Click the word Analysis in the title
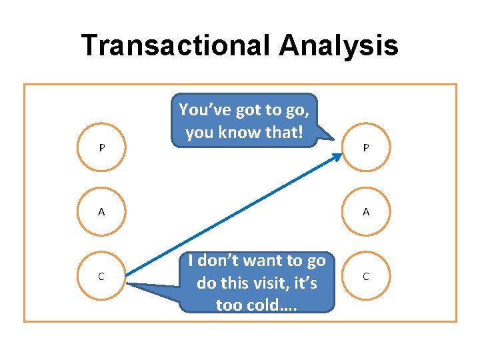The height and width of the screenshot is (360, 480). [x=339, y=45]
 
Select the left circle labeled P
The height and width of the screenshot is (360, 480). [x=101, y=147]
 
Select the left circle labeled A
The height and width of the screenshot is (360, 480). [x=101, y=211]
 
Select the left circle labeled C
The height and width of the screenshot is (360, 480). [x=101, y=276]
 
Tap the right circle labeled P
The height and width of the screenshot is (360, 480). [x=366, y=147]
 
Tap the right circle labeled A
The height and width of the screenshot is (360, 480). [x=366, y=211]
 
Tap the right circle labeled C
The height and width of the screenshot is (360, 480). [x=366, y=276]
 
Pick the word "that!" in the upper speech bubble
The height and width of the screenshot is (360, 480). [x=285, y=132]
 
